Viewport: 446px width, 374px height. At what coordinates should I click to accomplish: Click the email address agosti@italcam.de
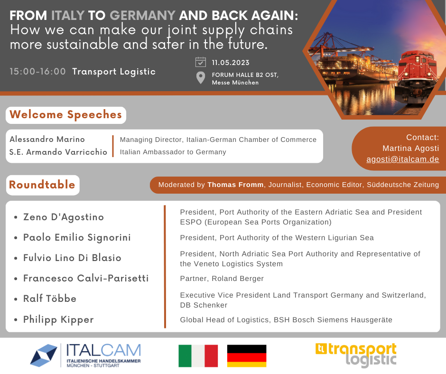click(402, 159)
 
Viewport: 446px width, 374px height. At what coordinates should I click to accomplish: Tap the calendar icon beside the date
click(201, 62)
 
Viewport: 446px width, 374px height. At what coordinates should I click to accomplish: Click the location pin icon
click(201, 78)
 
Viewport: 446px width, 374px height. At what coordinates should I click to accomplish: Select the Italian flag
click(198, 356)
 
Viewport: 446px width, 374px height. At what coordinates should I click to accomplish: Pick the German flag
click(247, 356)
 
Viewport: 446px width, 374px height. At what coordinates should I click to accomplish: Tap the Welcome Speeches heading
click(65, 115)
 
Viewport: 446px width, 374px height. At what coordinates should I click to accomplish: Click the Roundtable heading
click(42, 185)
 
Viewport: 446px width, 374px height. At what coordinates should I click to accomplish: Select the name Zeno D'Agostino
click(64, 217)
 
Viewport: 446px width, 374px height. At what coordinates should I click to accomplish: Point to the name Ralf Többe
click(50, 299)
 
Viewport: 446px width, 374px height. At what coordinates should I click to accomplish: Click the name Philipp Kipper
click(58, 319)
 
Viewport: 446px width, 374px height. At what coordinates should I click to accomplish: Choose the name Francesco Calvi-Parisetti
click(86, 278)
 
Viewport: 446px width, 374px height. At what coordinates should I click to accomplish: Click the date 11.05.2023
click(231, 63)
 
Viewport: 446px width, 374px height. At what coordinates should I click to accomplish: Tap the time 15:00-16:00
click(37, 72)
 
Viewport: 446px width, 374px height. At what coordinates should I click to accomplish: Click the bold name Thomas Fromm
click(235, 185)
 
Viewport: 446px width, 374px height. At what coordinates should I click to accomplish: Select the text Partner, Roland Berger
click(222, 279)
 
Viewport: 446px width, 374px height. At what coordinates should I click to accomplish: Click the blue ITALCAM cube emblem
click(44, 355)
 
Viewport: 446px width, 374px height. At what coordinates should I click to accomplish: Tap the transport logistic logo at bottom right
click(356, 355)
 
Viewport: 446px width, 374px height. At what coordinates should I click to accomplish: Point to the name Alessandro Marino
click(47, 139)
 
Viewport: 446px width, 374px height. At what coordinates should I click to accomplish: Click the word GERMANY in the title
click(142, 15)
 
